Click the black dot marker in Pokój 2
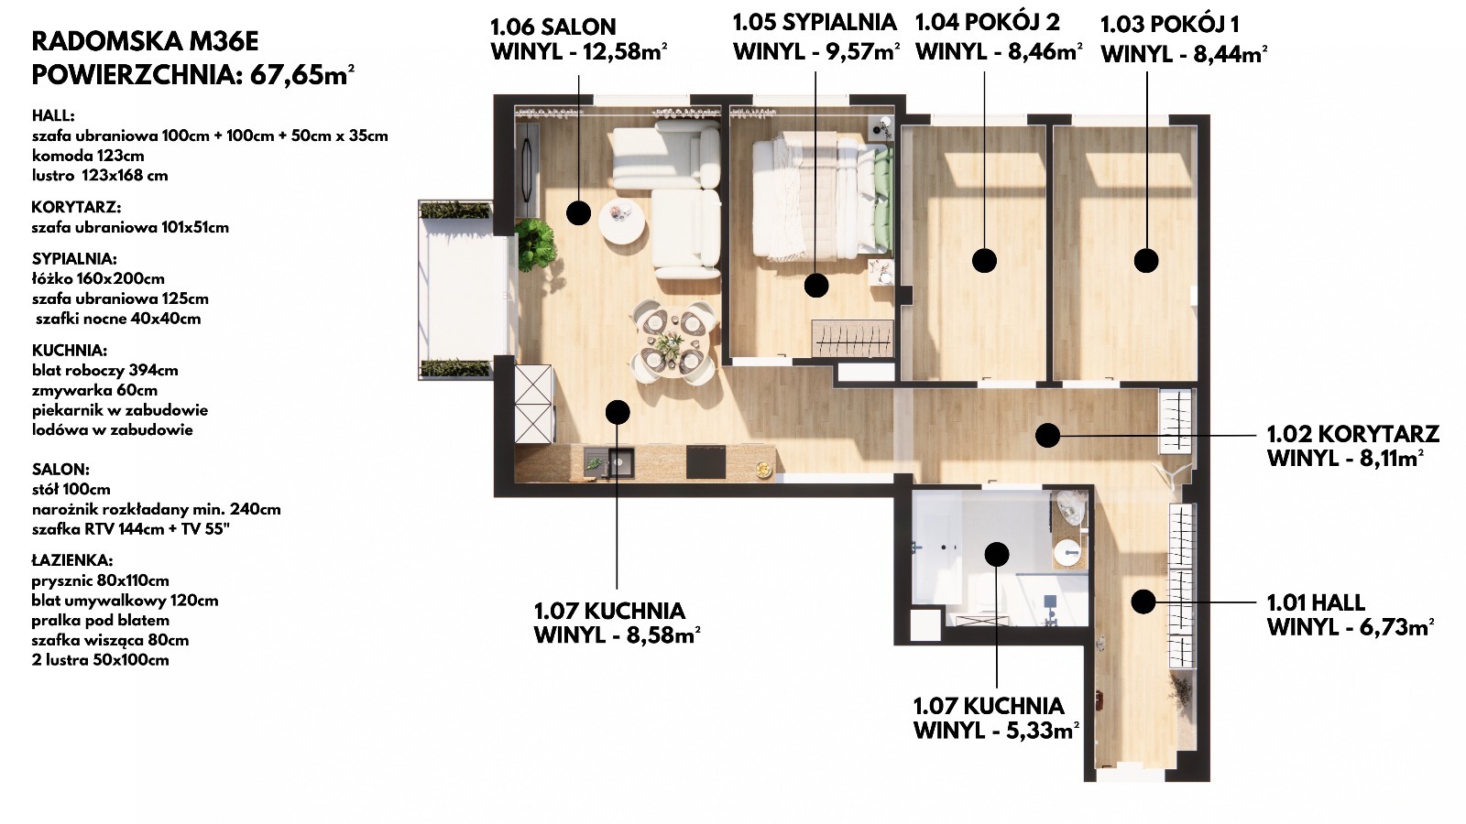point(984,261)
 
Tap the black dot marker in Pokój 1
point(1146,260)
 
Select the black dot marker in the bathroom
point(996,555)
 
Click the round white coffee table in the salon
point(622,221)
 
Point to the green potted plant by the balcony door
point(535,244)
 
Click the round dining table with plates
point(673,342)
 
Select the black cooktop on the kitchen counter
point(706,462)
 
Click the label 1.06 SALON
point(553,27)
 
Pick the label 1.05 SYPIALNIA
point(815,22)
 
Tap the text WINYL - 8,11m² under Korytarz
point(1345,458)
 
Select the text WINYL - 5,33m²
point(996,730)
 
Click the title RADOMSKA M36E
point(146,41)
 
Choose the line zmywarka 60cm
point(95,390)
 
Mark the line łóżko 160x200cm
point(98,278)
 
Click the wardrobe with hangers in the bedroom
point(853,339)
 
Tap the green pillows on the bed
point(883,200)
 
